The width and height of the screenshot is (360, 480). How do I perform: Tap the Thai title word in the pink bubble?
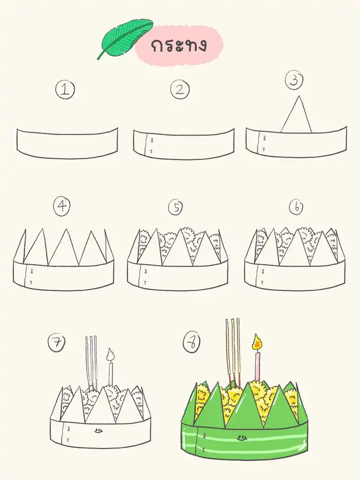[x=179, y=46]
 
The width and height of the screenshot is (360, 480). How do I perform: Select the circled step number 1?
[x=65, y=90]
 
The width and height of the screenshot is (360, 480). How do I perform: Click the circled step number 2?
[x=180, y=89]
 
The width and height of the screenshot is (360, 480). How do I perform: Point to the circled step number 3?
[x=294, y=80]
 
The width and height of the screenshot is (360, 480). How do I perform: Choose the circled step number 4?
[x=62, y=206]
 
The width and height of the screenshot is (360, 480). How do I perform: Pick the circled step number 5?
[x=175, y=207]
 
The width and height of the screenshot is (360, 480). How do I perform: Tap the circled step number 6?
[x=296, y=207]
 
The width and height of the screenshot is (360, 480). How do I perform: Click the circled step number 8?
[x=192, y=342]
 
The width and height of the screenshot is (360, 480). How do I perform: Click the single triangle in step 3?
[x=296, y=114]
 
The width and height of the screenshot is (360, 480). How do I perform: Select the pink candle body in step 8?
[x=258, y=366]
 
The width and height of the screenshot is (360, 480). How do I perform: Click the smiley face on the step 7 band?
[x=98, y=431]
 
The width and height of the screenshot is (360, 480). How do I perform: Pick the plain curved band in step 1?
[x=67, y=143]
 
